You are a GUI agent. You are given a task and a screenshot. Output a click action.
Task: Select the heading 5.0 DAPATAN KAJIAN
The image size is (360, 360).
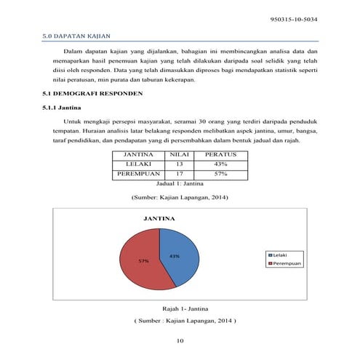(x=71, y=35)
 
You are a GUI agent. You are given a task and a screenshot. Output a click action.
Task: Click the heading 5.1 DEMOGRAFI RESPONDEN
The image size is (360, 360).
(x=89, y=95)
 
